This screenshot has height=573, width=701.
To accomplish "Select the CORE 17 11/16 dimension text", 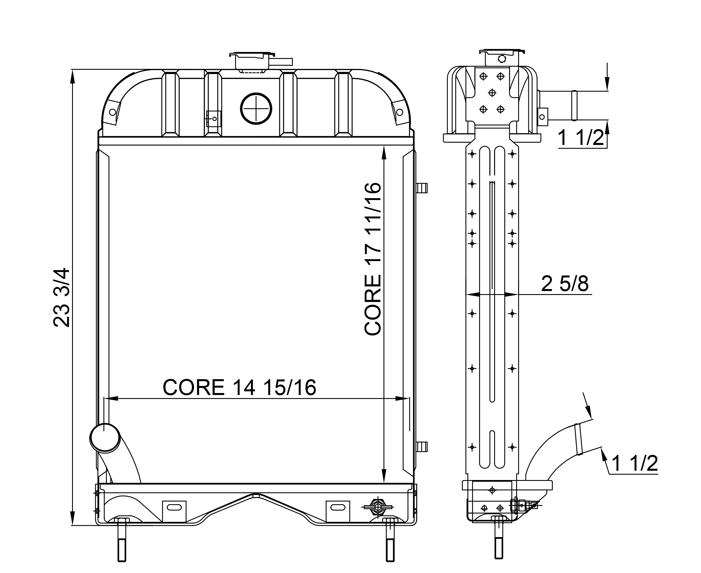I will point(373,259).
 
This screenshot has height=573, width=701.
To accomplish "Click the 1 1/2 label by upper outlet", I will point(581,138).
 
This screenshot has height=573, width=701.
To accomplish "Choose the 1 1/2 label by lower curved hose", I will point(634,463).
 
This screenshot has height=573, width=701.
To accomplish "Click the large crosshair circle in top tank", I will point(256,108).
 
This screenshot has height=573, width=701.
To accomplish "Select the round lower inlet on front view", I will point(105,437).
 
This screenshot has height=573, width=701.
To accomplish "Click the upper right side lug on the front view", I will point(422,188).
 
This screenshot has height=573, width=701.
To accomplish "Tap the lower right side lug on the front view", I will point(422,447).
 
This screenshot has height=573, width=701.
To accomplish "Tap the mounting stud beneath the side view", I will point(499,541).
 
